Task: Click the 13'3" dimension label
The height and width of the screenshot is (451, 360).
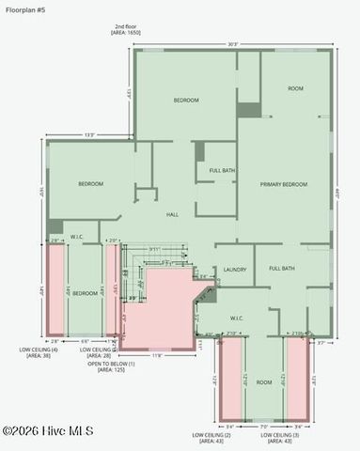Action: pyautogui.click(x=89, y=135)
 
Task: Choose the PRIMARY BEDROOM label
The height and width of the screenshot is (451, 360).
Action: pyautogui.click(x=284, y=184)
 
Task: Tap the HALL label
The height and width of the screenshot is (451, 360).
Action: pyautogui.click(x=172, y=215)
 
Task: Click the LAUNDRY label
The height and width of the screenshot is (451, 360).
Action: pyautogui.click(x=235, y=270)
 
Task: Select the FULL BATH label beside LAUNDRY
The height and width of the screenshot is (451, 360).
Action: pyautogui.click(x=282, y=269)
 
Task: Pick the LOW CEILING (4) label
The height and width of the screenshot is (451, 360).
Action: pyautogui.click(x=39, y=350)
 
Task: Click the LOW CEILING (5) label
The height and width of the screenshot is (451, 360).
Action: pyautogui.click(x=102, y=350)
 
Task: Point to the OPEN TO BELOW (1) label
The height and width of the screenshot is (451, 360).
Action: pyautogui.click(x=112, y=364)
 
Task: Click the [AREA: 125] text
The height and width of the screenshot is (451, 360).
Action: pyautogui.click(x=112, y=370)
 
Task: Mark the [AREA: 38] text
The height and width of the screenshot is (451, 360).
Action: pyautogui.click(x=39, y=356)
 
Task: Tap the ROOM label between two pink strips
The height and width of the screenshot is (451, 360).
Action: pyautogui.click(x=265, y=382)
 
